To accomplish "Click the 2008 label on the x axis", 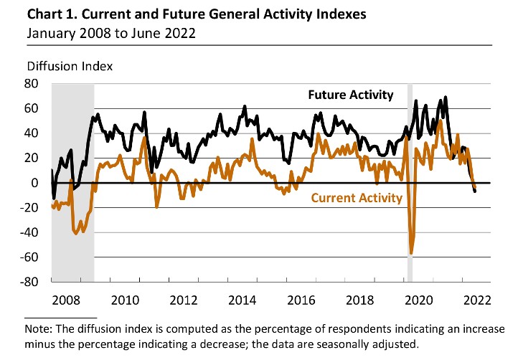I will (66, 299).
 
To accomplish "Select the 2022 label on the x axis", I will (477, 299).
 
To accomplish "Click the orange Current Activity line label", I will (356, 197).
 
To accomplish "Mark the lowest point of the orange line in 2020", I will (411, 253).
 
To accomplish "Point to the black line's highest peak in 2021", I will (446, 98).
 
